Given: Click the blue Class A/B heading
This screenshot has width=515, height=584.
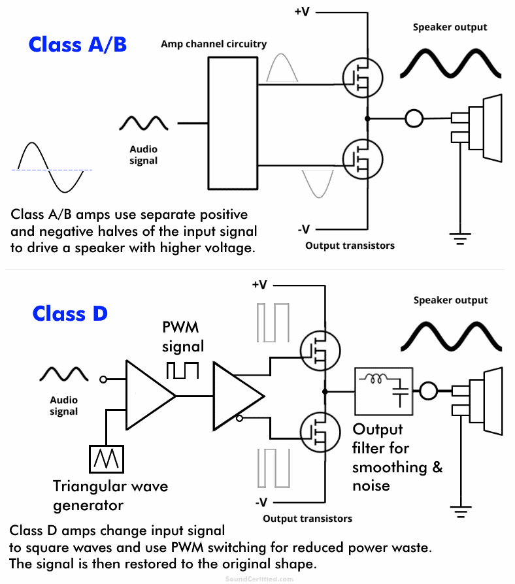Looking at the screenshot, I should [x=77, y=44].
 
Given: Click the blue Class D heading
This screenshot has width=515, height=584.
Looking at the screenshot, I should [x=70, y=314].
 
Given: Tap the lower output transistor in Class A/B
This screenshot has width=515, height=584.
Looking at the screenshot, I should [x=362, y=159].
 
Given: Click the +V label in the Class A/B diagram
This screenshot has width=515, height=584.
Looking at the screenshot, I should [x=302, y=12].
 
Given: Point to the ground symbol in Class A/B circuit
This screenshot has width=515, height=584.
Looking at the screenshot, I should [x=461, y=238].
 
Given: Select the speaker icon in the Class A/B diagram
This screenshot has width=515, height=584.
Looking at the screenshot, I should [x=480, y=127].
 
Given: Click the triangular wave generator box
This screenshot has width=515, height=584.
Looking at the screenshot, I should [x=105, y=459].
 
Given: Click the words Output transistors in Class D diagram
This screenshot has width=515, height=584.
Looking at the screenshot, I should [x=307, y=519].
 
